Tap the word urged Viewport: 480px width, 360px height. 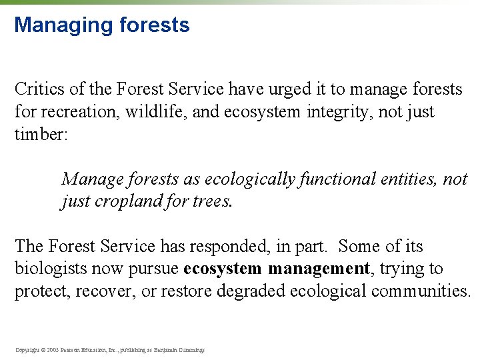coord(265,89)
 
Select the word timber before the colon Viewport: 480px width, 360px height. coord(39,134)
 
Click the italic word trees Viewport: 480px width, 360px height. coord(212,201)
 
